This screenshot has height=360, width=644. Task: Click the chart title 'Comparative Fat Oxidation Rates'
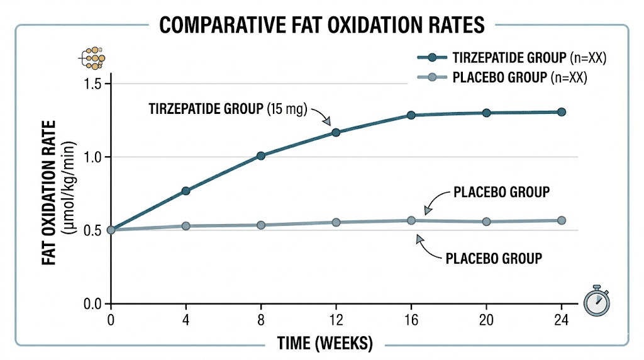321,25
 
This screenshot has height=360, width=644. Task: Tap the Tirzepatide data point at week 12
336,132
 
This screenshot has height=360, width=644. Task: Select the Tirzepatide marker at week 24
562,112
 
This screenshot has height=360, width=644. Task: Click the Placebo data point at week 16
411,220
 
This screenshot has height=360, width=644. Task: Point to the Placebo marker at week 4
186,225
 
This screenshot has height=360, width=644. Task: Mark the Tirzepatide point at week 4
186,191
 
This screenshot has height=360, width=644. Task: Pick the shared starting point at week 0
111,230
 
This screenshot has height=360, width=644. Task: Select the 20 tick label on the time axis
486,319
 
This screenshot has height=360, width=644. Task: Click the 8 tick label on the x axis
261,319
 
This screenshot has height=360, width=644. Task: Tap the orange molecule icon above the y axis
93,58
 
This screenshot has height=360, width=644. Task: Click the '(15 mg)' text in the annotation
286,108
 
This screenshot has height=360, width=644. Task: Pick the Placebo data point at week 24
562,220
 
